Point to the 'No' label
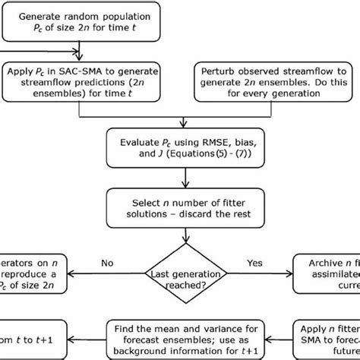coord(108,262)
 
